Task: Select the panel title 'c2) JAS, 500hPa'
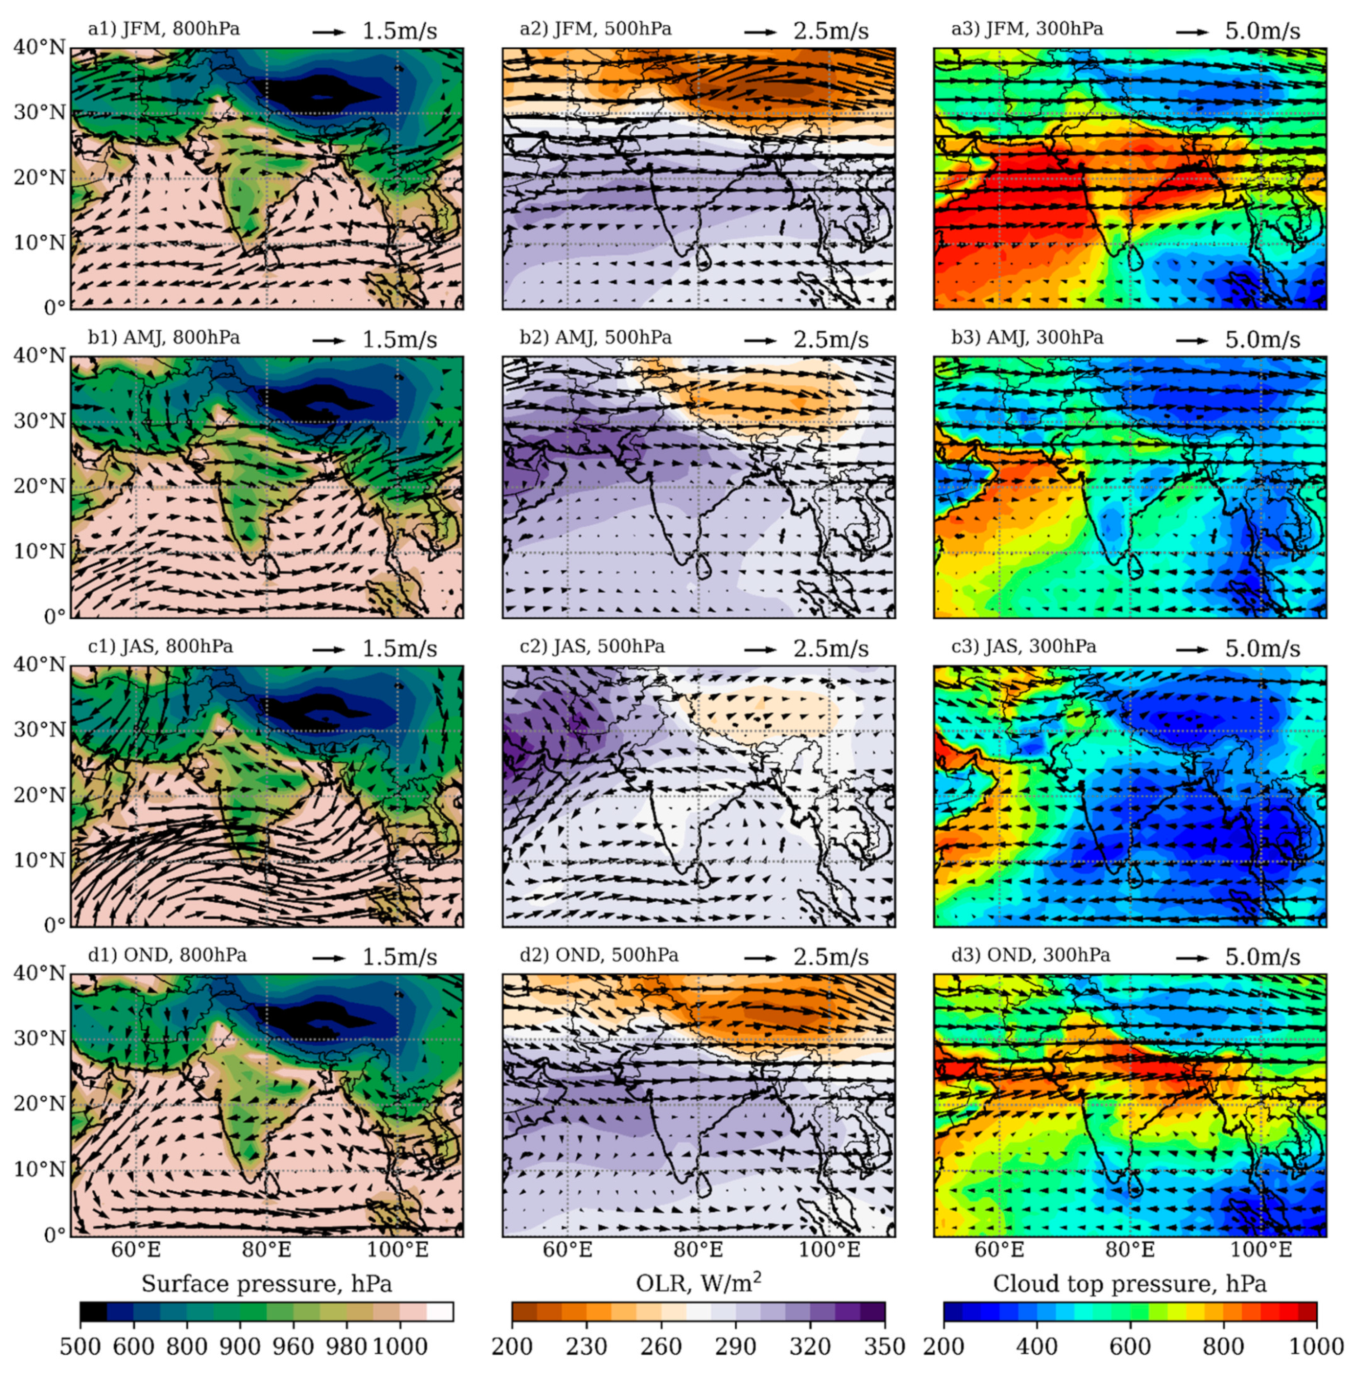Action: (x=591, y=646)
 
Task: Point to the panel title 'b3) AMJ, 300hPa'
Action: (x=1027, y=338)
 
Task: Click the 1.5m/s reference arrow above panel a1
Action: (x=328, y=32)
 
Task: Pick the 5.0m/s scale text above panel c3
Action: (x=1262, y=649)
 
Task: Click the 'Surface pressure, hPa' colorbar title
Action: (x=266, y=1284)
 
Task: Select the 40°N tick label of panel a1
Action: (x=39, y=47)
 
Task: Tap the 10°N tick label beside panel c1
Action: (x=39, y=860)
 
